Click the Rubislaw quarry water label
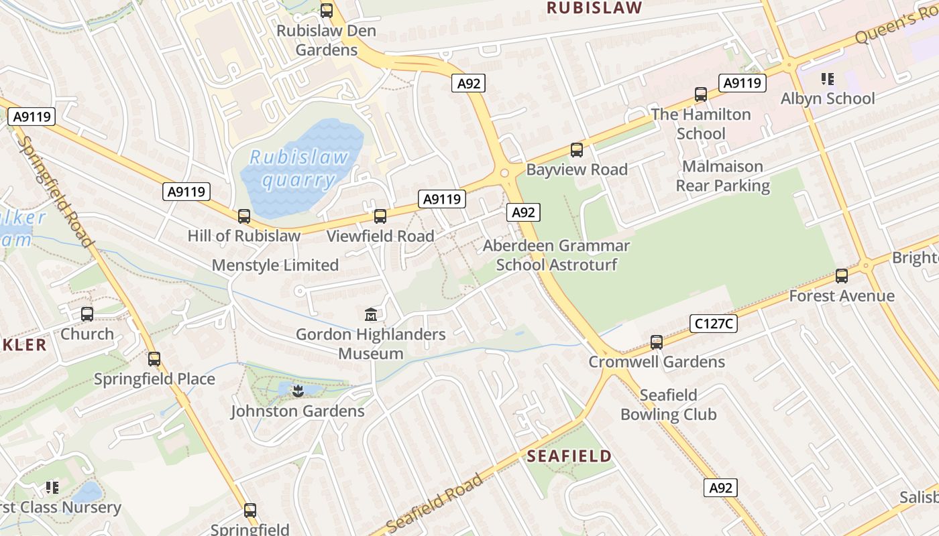pyautogui.click(x=299, y=168)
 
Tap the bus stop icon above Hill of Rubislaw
pyautogui.click(x=244, y=216)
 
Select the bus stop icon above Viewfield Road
pyautogui.click(x=380, y=216)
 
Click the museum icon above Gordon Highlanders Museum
pyautogui.click(x=370, y=314)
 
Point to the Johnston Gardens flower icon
pyautogui.click(x=298, y=391)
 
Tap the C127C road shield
pyautogui.click(x=714, y=324)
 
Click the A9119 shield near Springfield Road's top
pyautogui.click(x=32, y=117)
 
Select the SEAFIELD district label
pyautogui.click(x=569, y=456)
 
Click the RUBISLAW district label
pyautogui.click(x=594, y=8)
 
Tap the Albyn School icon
pyautogui.click(x=828, y=79)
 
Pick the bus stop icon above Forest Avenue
pyautogui.click(x=842, y=276)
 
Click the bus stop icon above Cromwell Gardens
pyautogui.click(x=657, y=342)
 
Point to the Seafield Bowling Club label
pyautogui.click(x=668, y=405)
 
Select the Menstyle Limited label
pyautogui.click(x=275, y=265)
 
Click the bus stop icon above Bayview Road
pyautogui.click(x=577, y=150)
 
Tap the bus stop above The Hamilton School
pyautogui.click(x=701, y=94)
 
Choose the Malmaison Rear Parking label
pyautogui.click(x=722, y=176)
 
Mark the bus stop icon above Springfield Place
pyautogui.click(x=154, y=359)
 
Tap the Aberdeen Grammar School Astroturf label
pyautogui.click(x=556, y=255)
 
